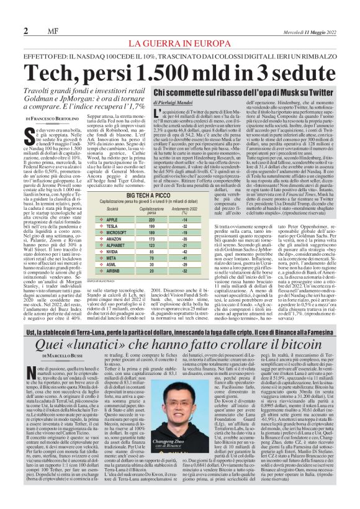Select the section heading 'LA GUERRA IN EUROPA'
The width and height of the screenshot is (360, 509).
179,43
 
